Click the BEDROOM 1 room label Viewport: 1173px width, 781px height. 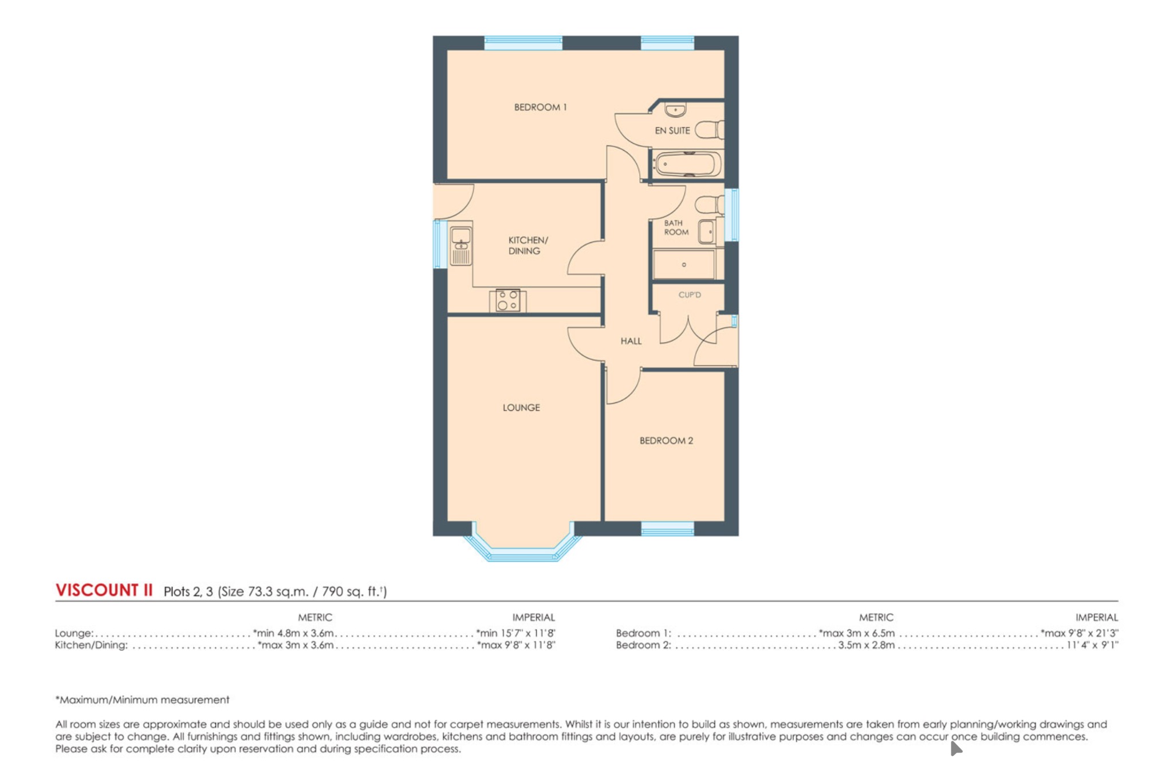[540, 107]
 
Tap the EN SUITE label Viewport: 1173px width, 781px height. [672, 131]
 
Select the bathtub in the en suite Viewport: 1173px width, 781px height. [687, 164]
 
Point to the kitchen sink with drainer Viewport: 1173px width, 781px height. [460, 246]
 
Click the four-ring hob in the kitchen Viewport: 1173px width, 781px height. [507, 300]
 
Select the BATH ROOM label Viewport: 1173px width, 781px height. [675, 227]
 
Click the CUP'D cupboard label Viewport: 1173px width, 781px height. [689, 295]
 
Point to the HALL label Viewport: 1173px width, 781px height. [631, 341]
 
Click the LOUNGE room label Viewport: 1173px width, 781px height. [521, 407]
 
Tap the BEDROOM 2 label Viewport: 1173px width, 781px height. [666, 441]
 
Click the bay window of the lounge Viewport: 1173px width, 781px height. [522, 554]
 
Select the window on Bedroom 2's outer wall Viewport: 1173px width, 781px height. [667, 529]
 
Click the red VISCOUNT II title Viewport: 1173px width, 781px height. [104, 590]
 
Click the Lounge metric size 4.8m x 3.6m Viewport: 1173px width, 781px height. [293, 633]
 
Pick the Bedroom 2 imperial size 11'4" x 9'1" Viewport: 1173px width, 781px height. [1092, 645]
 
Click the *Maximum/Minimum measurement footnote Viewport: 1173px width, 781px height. [142, 700]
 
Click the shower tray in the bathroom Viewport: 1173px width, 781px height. [684, 265]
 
